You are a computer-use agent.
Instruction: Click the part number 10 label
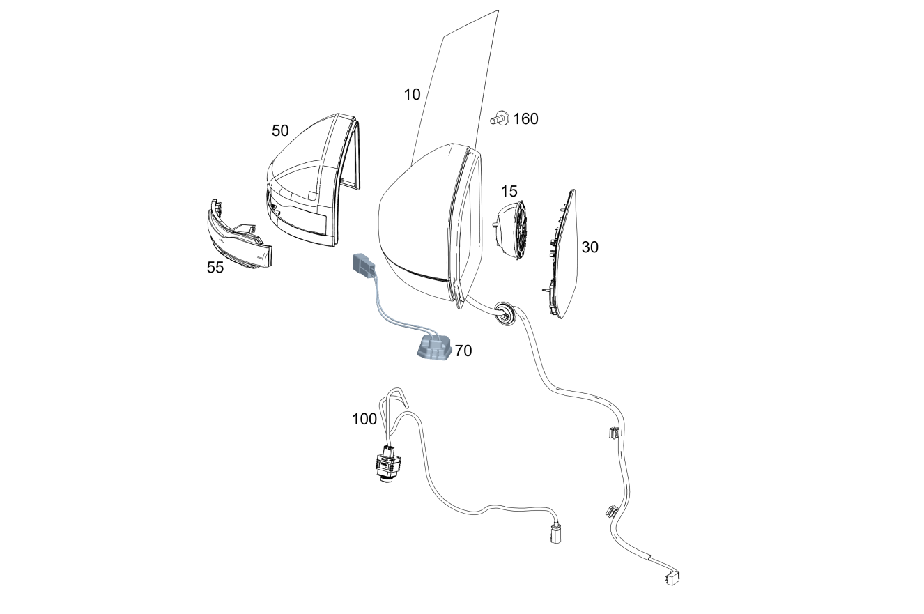[412, 95]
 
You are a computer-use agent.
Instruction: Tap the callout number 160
[525, 119]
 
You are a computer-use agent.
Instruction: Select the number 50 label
[280, 131]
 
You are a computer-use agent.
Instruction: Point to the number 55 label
[215, 268]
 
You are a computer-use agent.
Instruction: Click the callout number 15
[509, 192]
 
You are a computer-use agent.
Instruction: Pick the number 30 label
[590, 247]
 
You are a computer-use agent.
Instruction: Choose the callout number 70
[463, 351]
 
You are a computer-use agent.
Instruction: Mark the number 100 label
[364, 420]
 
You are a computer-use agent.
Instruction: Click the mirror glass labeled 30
[563, 256]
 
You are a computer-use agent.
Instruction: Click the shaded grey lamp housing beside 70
[433, 348]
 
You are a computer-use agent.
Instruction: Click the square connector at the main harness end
[672, 577]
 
